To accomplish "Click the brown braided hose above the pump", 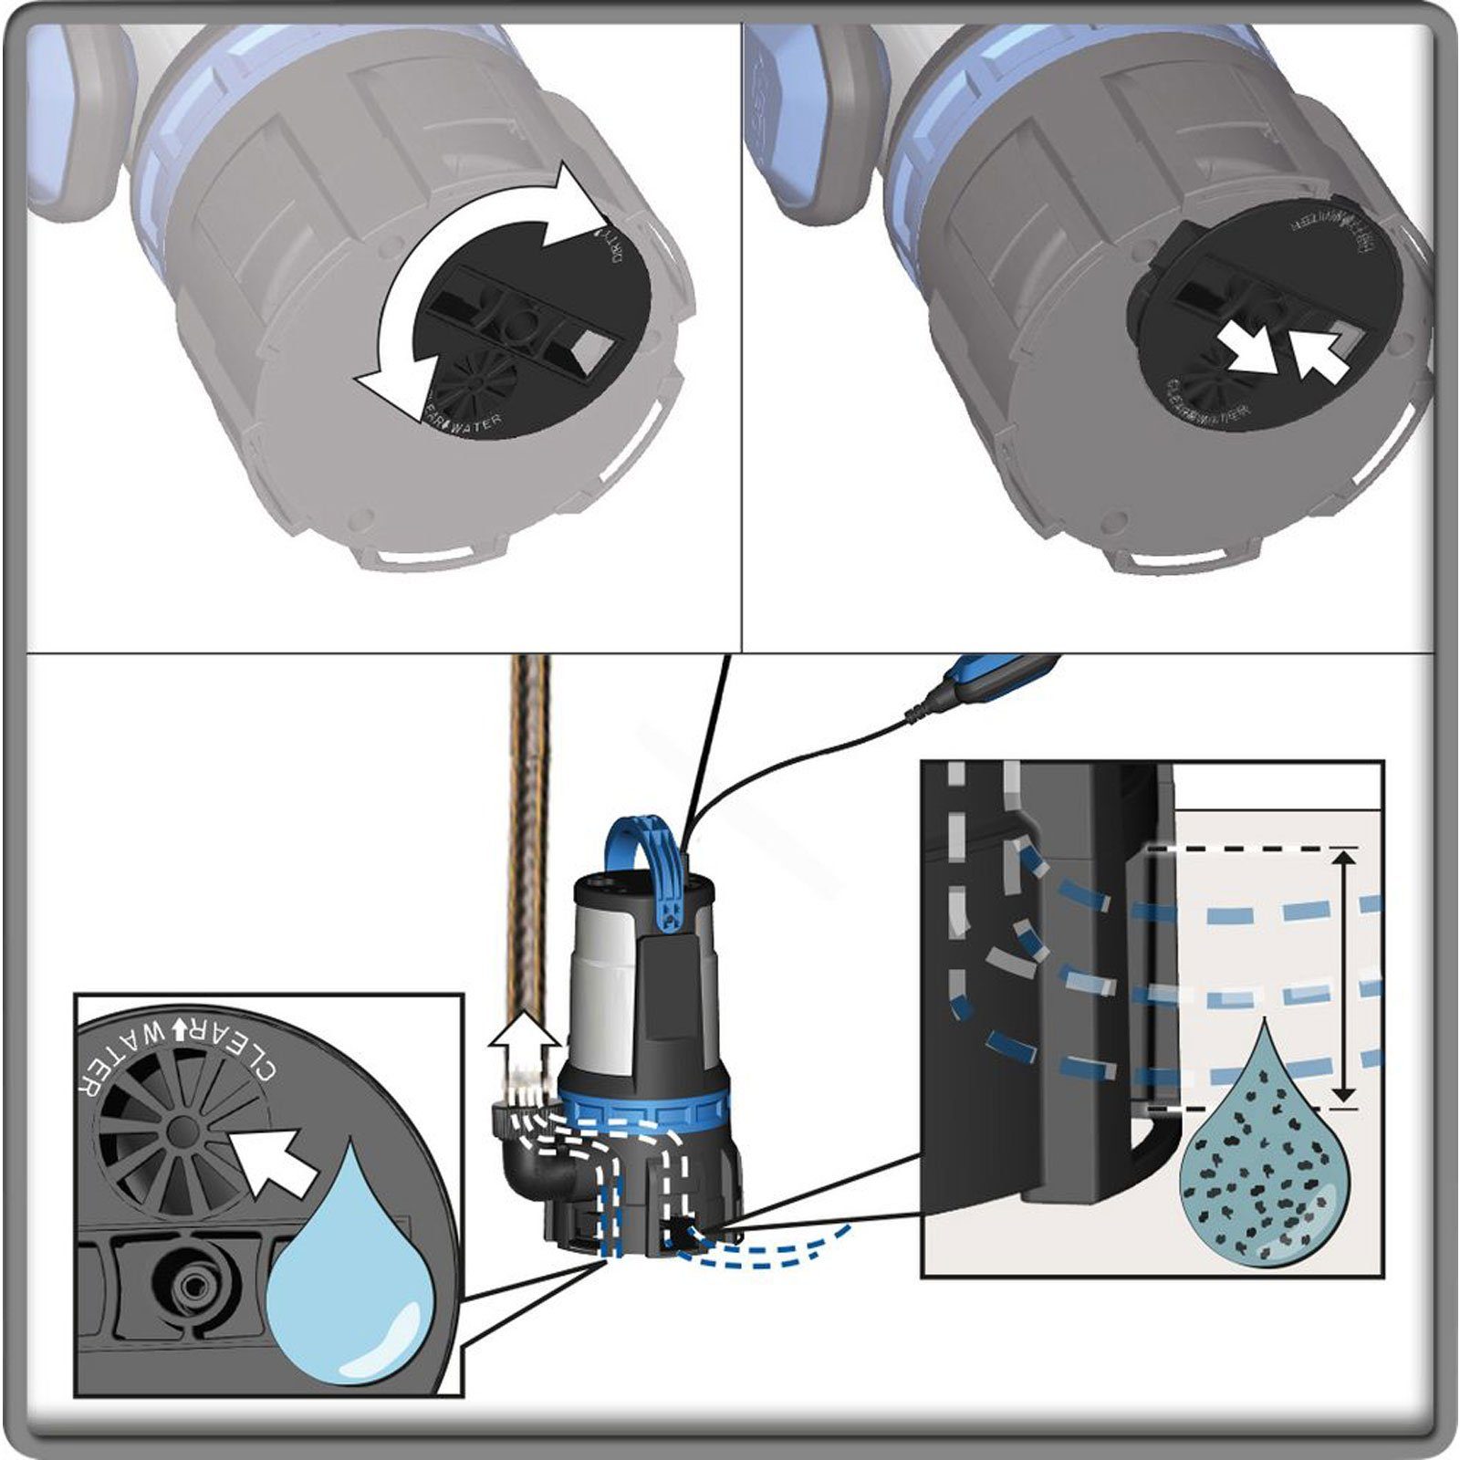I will coord(529,821).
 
